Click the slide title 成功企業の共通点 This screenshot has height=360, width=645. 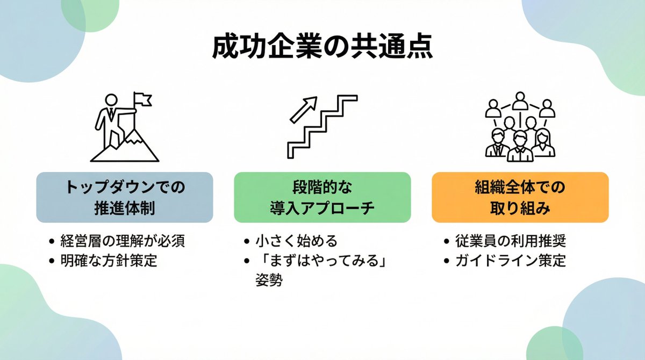tap(322, 48)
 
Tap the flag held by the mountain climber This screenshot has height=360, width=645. tap(142, 99)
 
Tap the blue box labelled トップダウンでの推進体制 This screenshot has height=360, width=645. tap(125, 197)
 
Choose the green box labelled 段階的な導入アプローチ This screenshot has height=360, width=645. tap(322, 197)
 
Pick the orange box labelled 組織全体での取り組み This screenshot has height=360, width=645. tap(520, 197)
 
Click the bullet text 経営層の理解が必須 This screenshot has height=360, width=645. tap(123, 241)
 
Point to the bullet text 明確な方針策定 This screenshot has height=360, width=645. tap(109, 261)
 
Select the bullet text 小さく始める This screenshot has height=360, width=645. tap(297, 241)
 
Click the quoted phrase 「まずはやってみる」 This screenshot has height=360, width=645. tap(322, 261)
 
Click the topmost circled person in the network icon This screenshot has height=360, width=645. tap(520, 99)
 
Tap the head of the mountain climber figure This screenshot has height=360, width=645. tap(111, 100)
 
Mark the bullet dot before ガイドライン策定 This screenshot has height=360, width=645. tap(447, 262)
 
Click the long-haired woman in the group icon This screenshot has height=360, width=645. tap(543, 142)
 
